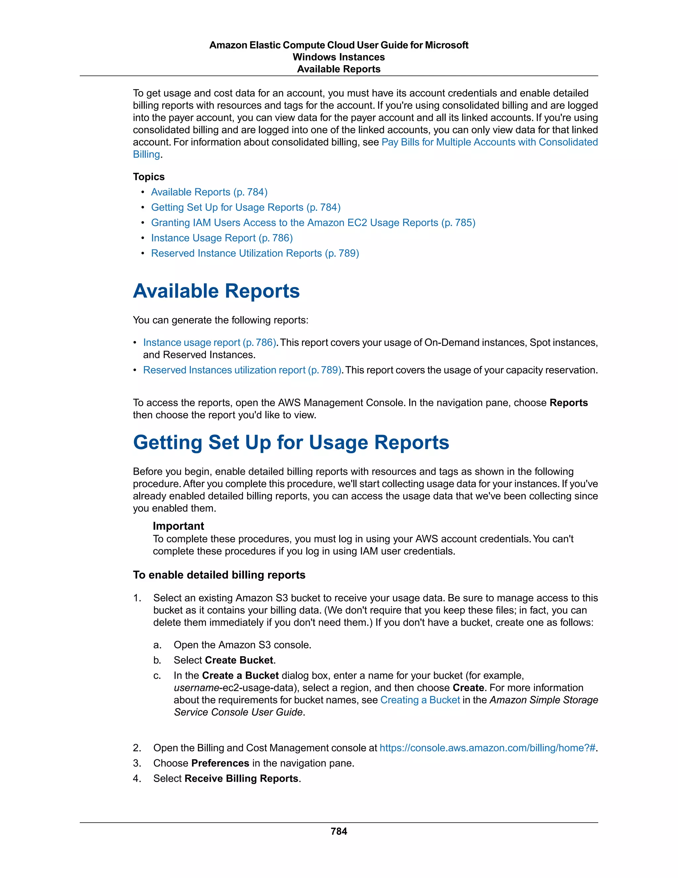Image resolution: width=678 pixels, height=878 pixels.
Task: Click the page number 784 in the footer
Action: (339, 831)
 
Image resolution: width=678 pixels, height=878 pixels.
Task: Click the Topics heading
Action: (149, 177)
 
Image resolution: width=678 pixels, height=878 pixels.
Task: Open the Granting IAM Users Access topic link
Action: (313, 223)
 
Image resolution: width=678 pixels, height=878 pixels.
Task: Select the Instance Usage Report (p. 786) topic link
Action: (222, 238)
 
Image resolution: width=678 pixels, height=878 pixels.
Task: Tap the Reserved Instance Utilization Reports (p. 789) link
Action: (255, 253)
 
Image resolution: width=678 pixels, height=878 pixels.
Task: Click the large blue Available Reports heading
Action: (216, 291)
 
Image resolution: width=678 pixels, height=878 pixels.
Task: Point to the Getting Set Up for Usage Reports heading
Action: (291, 442)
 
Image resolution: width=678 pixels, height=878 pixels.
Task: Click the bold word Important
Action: (178, 526)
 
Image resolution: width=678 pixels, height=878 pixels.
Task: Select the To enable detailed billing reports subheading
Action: (219, 575)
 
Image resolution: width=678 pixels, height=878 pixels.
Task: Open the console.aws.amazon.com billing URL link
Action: (488, 748)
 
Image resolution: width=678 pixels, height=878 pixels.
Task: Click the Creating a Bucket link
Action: (420, 700)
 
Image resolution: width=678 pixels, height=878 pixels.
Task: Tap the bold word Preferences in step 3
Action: (220, 763)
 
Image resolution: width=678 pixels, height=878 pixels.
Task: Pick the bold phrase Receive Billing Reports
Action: (242, 778)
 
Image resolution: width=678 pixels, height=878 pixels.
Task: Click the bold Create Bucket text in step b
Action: (239, 660)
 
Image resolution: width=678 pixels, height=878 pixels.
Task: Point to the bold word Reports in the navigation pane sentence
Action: (568, 403)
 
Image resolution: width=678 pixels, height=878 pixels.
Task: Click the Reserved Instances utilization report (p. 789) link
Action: (242, 370)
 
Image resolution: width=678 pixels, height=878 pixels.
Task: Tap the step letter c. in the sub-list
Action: (157, 675)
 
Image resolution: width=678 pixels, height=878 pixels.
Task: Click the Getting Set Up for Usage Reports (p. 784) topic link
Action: (245, 207)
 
